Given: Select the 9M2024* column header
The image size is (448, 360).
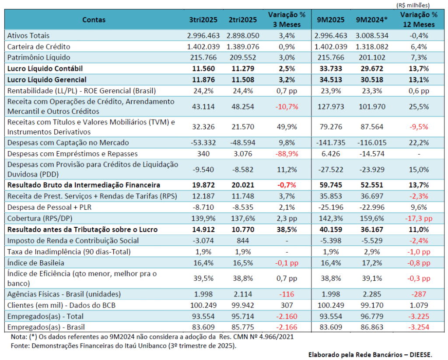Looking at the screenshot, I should pyautogui.click(x=371, y=20).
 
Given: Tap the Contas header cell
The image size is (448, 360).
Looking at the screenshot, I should pyautogui.click(x=94, y=20).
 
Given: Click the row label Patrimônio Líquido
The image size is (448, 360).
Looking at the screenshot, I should pyautogui.click(x=38, y=57).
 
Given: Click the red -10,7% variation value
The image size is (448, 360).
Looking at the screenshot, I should pyautogui.click(x=287, y=106).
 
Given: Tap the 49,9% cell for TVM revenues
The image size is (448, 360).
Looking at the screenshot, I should pyautogui.click(x=287, y=127).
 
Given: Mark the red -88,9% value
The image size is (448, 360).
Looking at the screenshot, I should pyautogui.click(x=287, y=154).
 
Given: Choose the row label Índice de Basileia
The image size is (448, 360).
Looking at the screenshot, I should pyautogui.click(x=35, y=262).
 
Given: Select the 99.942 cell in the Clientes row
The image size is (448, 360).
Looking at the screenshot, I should pyautogui.click(x=243, y=305).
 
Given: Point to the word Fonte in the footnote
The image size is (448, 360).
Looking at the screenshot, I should pyautogui.click(x=19, y=346).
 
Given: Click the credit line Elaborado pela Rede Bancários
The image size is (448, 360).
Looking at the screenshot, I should pyautogui.click(x=369, y=354).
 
